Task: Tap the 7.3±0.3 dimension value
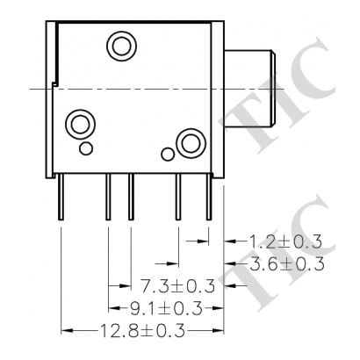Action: pyautogui.click(x=178, y=285)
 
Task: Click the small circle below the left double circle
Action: pyautogui.click(x=84, y=148)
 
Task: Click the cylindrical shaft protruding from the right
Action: pyautogui.click(x=255, y=88)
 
